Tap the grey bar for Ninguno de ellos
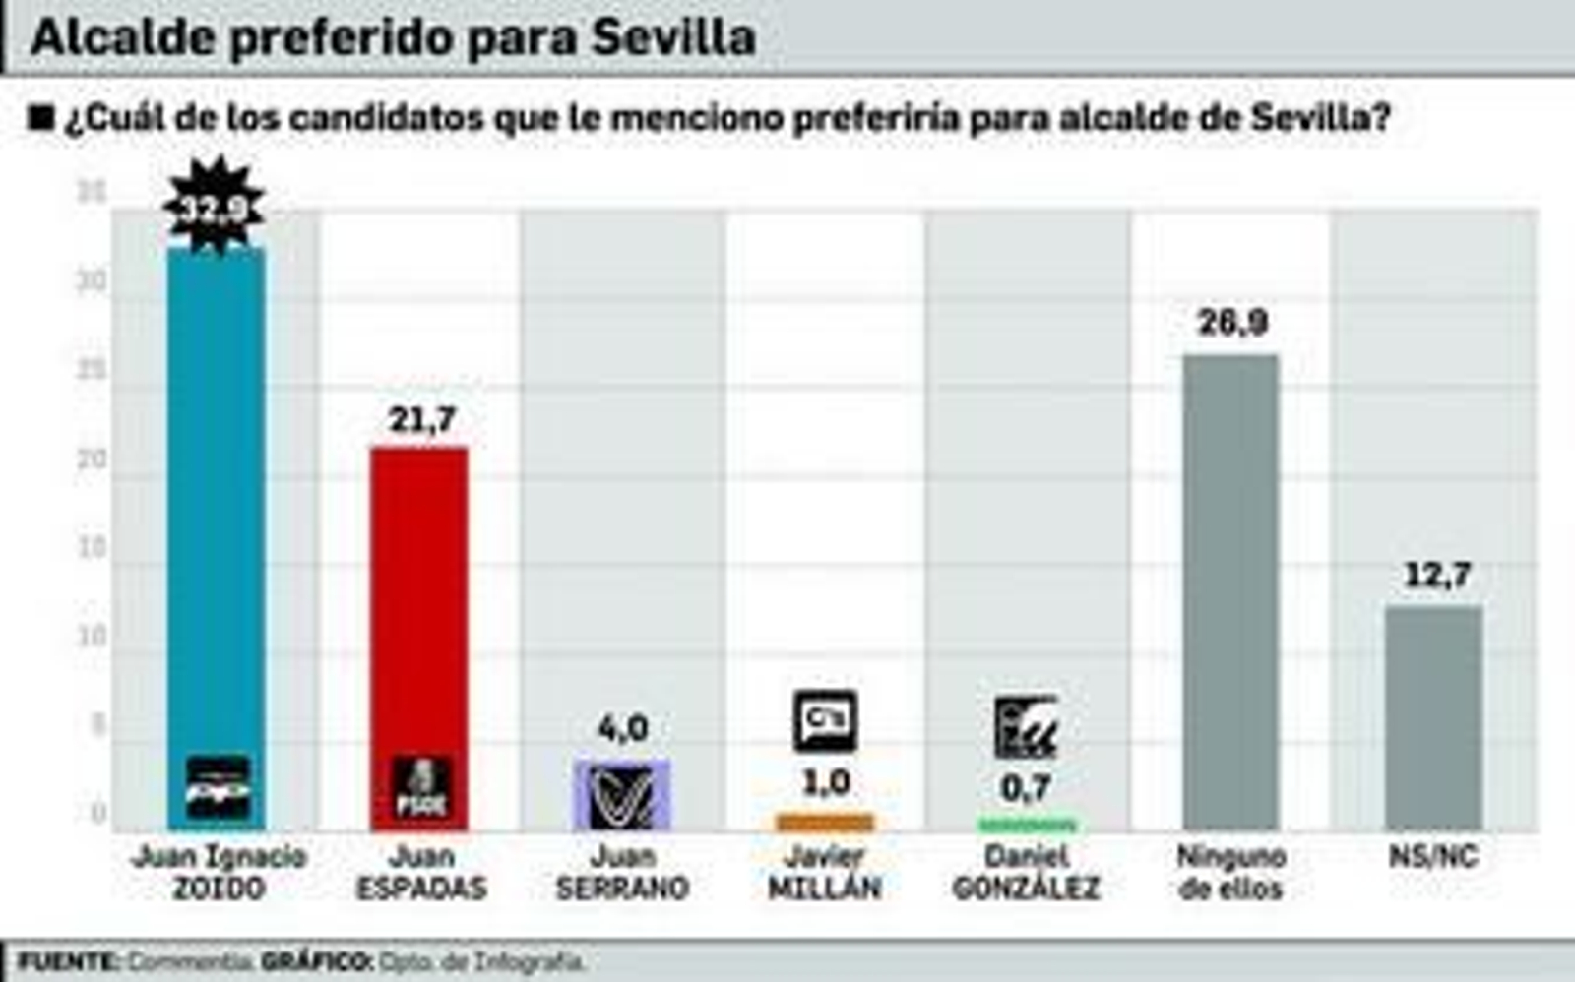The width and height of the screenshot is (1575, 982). [1230, 590]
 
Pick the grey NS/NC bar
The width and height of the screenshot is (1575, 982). [1433, 718]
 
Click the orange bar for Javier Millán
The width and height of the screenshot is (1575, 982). [825, 822]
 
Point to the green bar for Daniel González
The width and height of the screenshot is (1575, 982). [1028, 825]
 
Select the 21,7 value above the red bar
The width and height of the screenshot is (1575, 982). [421, 420]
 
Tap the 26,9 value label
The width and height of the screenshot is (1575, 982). [1232, 323]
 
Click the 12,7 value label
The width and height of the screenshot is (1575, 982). [1437, 575]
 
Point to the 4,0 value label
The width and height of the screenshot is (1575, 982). [623, 729]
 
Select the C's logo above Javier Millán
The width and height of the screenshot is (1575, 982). [825, 721]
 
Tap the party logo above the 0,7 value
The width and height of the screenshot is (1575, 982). [1026, 727]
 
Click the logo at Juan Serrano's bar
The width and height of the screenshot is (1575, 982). [622, 795]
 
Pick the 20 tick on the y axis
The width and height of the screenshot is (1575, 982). [93, 460]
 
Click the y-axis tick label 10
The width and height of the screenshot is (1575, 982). [93, 637]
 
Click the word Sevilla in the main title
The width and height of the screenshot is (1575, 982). [673, 37]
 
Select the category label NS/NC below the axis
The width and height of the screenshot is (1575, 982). [1433, 857]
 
